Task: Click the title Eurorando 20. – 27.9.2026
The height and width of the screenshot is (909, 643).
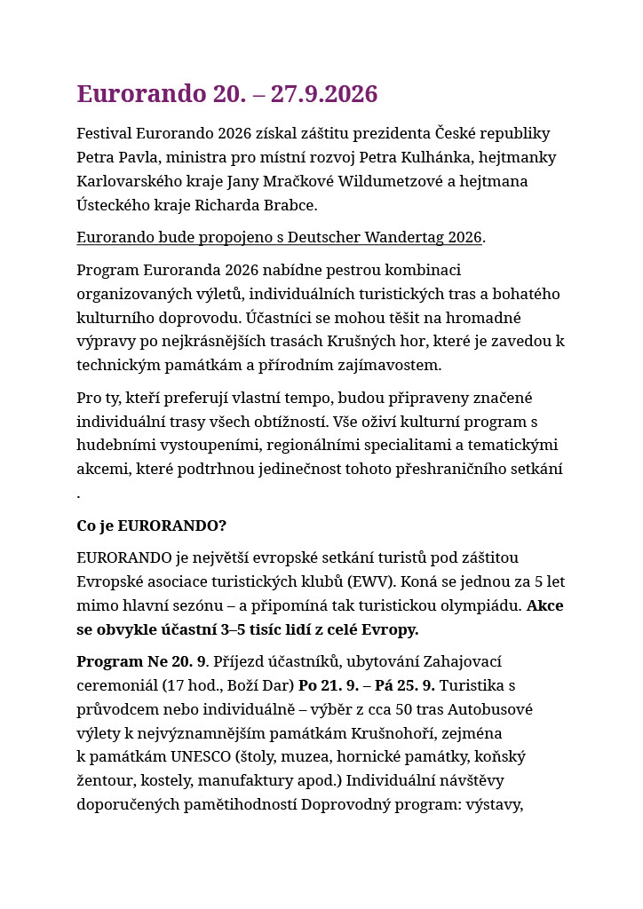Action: [227, 94]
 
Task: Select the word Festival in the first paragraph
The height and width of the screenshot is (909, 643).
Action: [104, 134]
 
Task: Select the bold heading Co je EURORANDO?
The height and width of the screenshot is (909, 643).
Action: [151, 526]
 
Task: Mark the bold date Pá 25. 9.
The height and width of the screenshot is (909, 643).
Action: [405, 686]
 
